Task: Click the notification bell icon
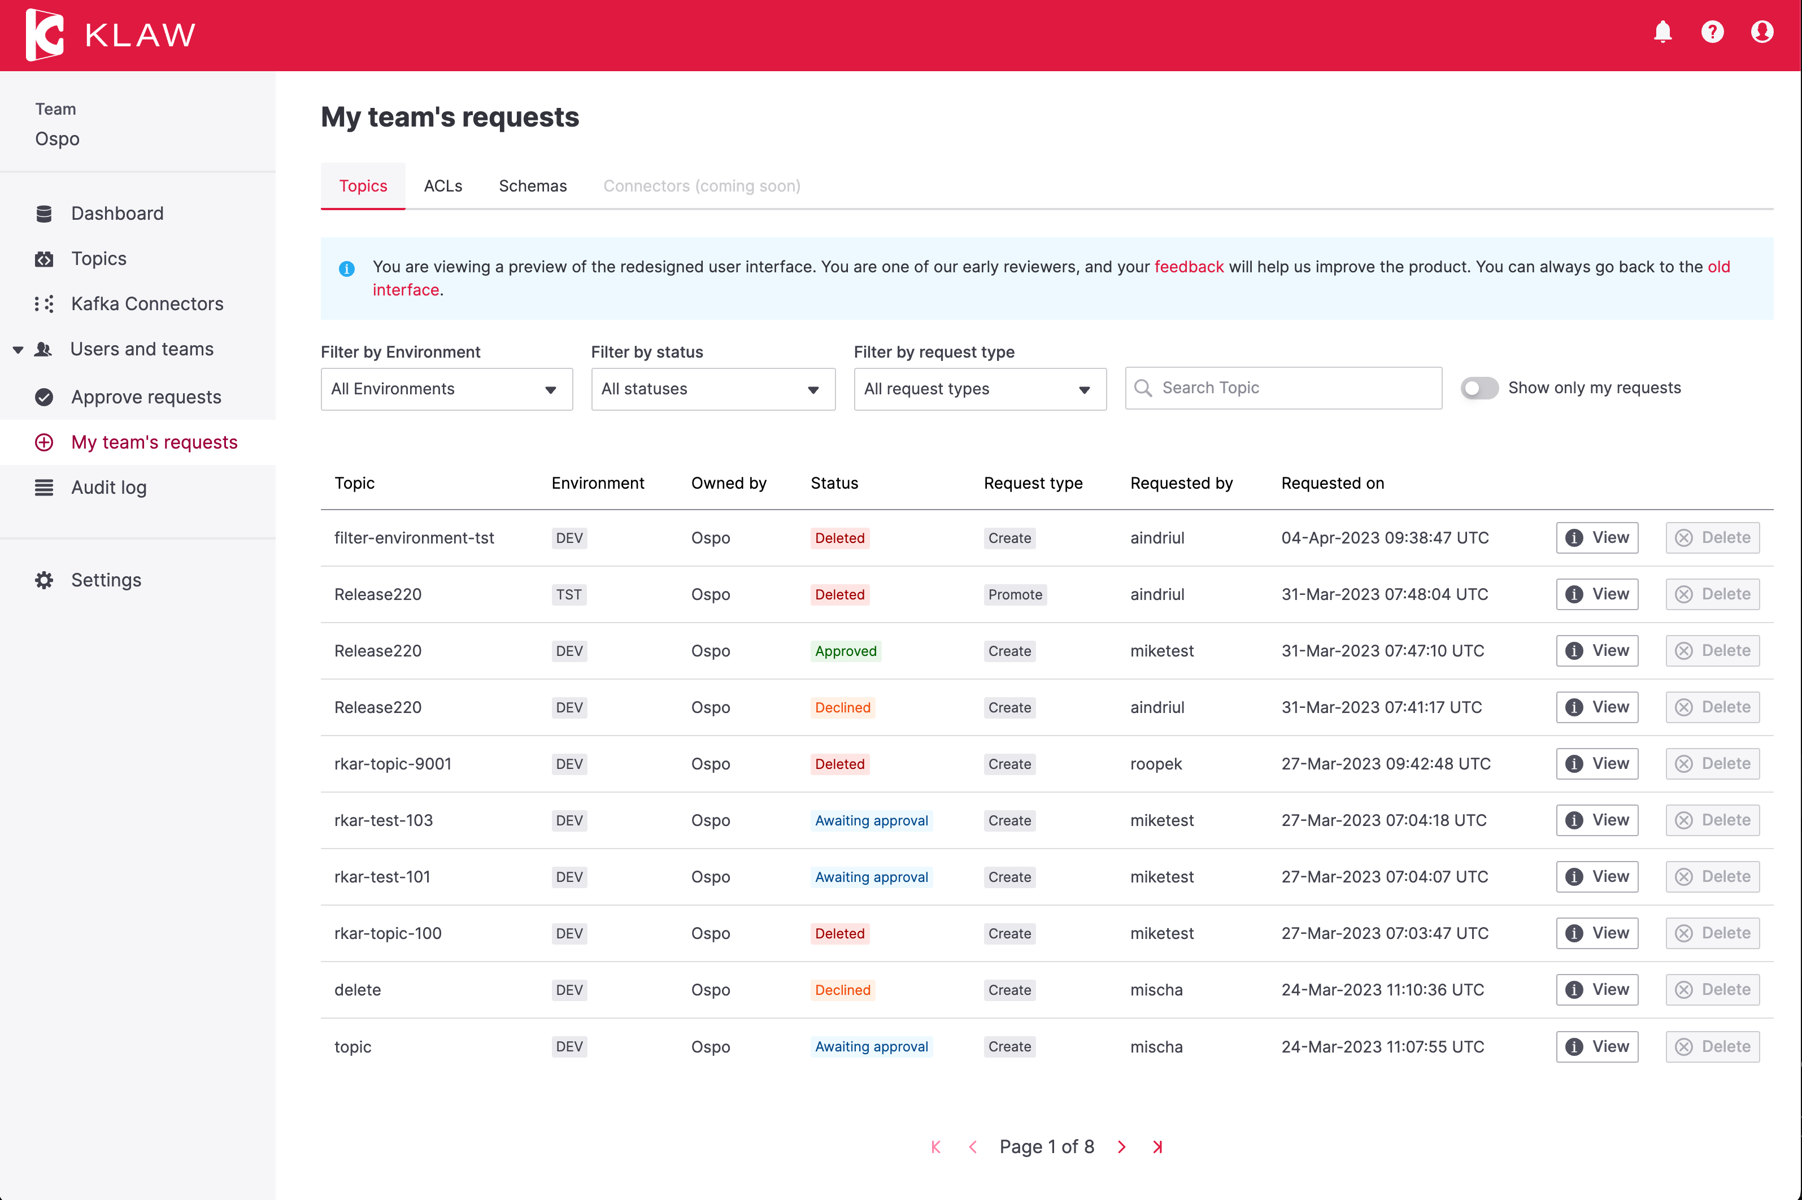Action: (x=1662, y=32)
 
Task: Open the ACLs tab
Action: (x=443, y=186)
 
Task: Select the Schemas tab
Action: (x=533, y=186)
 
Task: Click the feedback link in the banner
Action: (x=1189, y=266)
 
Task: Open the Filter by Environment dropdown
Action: (x=446, y=389)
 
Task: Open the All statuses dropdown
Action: (x=712, y=389)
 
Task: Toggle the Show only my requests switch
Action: (x=1479, y=388)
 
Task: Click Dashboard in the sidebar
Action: (x=117, y=214)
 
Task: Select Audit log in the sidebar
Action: (x=108, y=488)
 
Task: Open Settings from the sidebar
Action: (x=106, y=580)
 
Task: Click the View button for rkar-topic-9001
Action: (x=1597, y=764)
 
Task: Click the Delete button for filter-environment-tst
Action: (x=1713, y=538)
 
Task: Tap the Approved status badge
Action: (x=846, y=651)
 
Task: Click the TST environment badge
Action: (x=568, y=595)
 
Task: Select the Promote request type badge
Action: (x=1015, y=595)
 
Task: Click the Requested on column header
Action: (x=1332, y=483)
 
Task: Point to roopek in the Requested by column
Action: (x=1155, y=764)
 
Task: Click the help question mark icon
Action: (x=1712, y=32)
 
